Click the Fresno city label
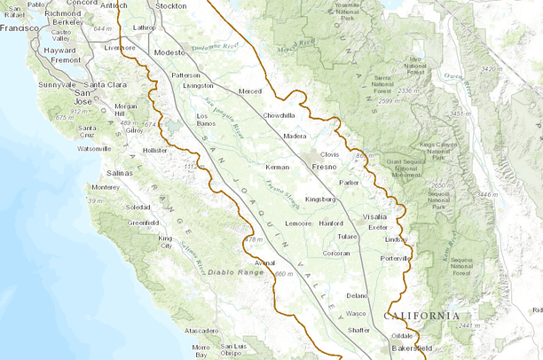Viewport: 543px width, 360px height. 324,166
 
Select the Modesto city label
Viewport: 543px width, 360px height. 169,52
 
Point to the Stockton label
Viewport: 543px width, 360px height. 170,5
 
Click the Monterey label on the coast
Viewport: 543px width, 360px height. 105,187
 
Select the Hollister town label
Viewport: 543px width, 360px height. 154,151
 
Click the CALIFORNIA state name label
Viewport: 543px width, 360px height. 421,316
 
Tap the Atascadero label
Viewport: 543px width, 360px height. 201,331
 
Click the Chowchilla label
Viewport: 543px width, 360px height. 279,115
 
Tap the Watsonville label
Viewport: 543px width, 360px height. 94,148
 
